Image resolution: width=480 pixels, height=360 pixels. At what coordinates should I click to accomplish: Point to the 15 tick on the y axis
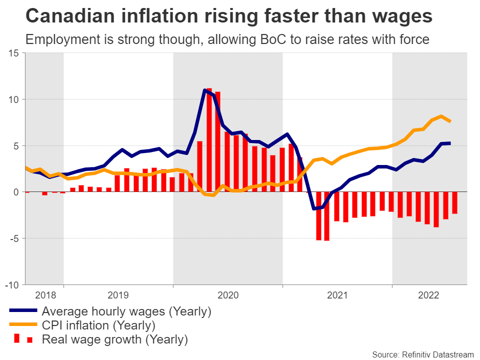coord(14,53)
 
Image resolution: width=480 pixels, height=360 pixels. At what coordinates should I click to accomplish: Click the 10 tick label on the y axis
coord(14,99)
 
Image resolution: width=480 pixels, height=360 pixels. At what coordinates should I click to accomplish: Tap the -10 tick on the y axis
coord(13,284)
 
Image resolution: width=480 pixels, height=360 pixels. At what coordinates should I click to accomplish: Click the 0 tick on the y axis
coord(17,192)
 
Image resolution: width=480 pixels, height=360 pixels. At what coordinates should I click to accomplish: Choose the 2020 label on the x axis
coord(227,295)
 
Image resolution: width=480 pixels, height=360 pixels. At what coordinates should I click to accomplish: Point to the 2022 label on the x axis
coord(428,295)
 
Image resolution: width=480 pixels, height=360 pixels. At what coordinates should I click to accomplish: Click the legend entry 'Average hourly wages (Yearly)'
coord(126,311)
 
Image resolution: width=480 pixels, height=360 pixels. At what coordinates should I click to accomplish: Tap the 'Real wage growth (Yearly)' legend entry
coord(114,340)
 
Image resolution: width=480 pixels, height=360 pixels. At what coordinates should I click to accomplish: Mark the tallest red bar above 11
coord(209,140)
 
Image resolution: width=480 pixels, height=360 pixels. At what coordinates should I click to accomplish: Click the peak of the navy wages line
coord(205,90)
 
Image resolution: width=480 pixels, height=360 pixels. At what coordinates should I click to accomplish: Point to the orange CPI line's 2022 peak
coord(441,116)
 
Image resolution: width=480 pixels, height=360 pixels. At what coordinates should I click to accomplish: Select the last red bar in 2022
coord(454,203)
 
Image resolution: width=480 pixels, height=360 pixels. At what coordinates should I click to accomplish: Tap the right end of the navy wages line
coord(449,143)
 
